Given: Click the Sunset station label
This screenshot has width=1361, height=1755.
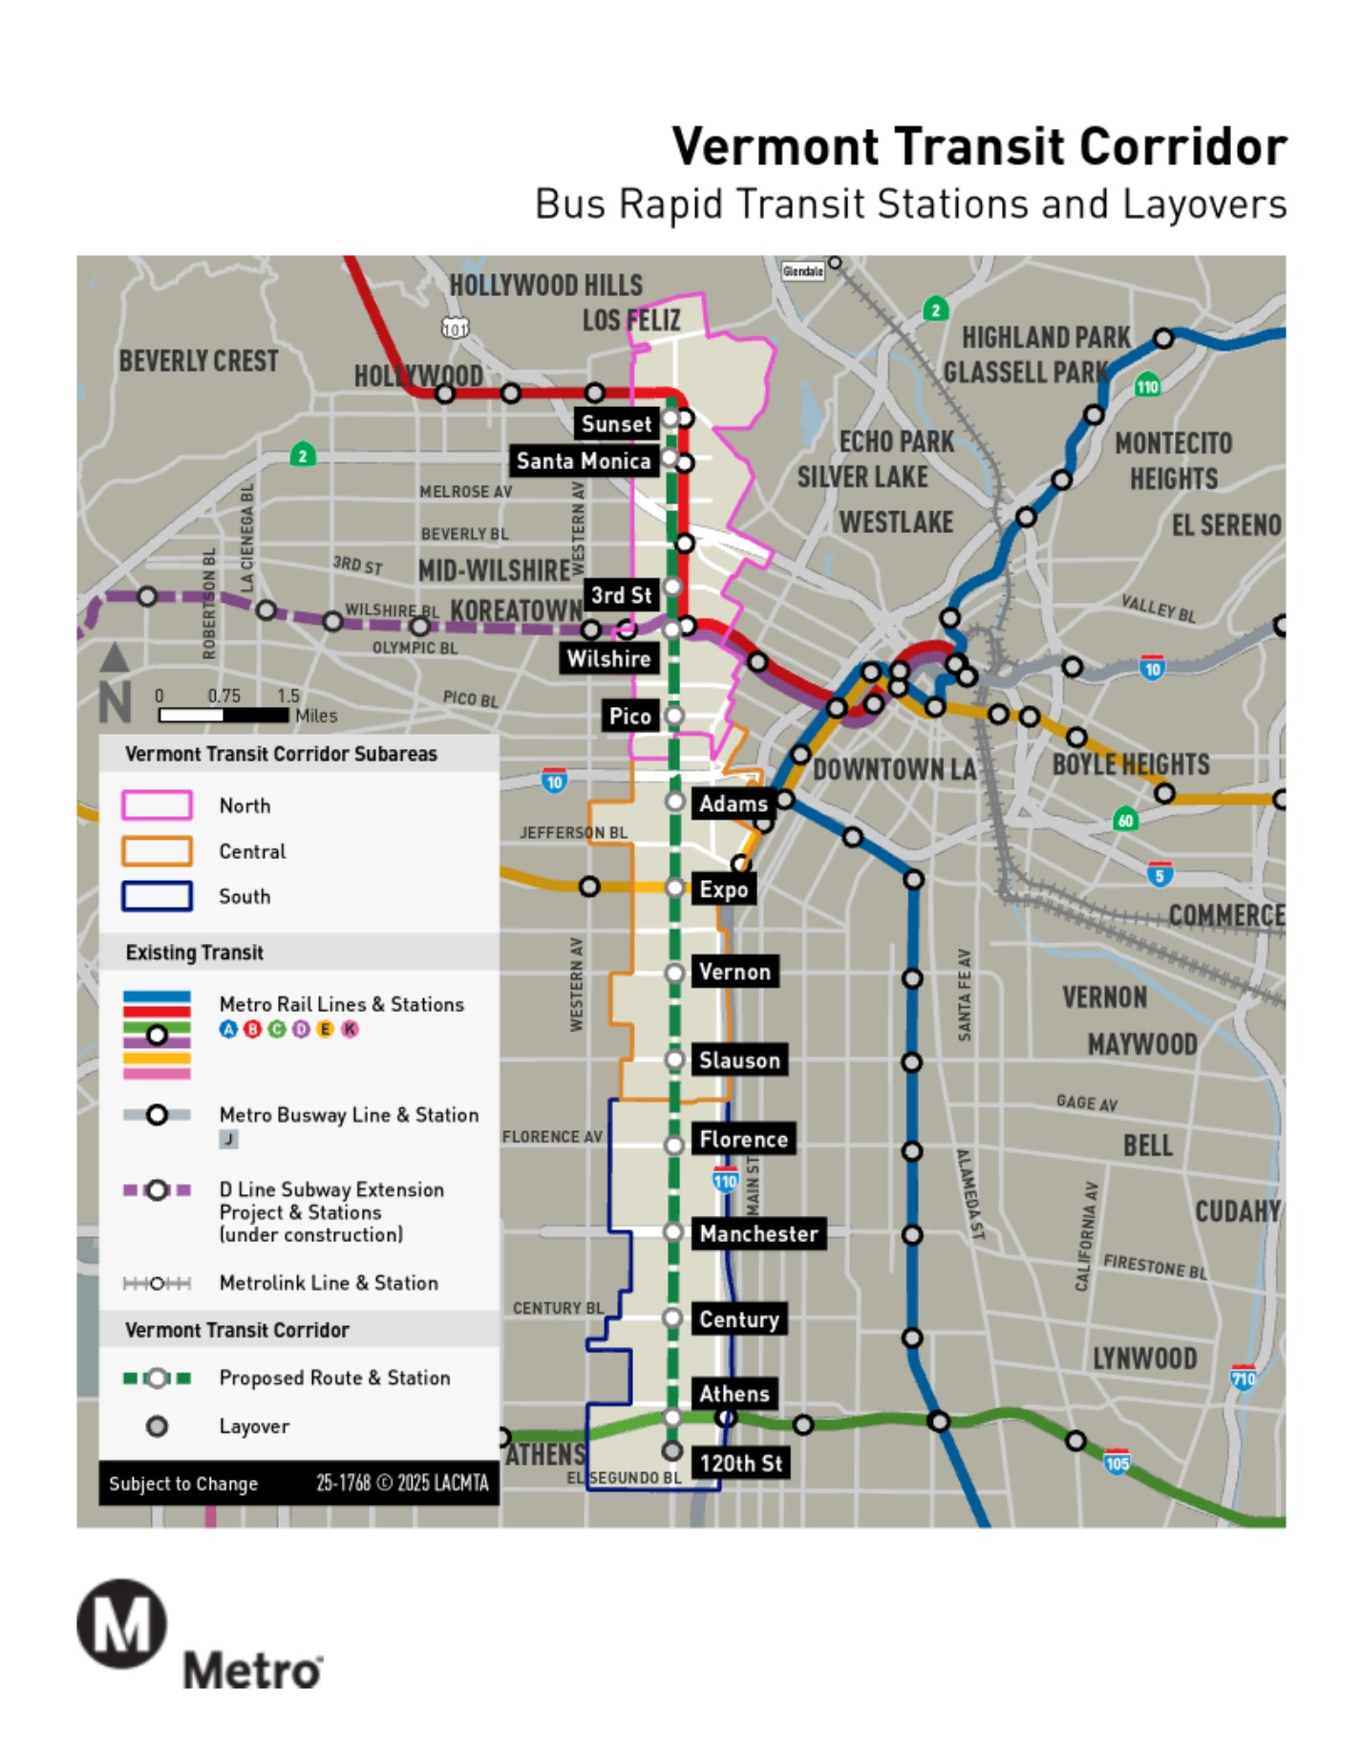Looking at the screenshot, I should [616, 423].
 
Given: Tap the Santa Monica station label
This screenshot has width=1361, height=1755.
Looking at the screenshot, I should [583, 461].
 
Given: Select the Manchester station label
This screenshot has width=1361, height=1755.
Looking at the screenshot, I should [758, 1233].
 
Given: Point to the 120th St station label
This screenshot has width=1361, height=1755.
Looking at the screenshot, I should [740, 1463].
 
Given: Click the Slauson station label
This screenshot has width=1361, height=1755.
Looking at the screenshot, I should [739, 1059].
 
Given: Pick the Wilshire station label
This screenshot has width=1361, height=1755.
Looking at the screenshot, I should [608, 658].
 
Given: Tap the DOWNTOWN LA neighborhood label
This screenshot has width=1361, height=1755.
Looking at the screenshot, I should [894, 769].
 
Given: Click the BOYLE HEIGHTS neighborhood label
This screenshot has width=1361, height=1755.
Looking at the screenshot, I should [1131, 764].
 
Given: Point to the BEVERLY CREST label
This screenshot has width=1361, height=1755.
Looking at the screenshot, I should [199, 361].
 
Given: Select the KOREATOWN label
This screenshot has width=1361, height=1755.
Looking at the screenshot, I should [516, 610].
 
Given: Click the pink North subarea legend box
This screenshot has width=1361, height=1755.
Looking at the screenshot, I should [157, 805].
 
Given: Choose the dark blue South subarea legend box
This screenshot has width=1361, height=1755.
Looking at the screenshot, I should [157, 896].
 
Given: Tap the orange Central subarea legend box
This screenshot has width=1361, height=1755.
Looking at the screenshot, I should [157, 851].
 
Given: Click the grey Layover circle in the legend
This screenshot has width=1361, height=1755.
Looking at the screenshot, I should [157, 1426].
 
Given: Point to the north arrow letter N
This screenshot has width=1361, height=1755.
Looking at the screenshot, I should [115, 704].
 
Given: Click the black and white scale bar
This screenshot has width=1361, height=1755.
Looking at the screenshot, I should [223, 715].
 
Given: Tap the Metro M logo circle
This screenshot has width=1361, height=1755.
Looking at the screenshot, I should [122, 1624].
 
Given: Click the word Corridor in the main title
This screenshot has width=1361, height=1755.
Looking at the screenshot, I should [1182, 147].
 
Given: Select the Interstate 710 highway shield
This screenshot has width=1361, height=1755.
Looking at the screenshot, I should [1243, 1377].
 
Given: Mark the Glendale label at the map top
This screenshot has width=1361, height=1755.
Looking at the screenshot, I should [802, 271].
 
